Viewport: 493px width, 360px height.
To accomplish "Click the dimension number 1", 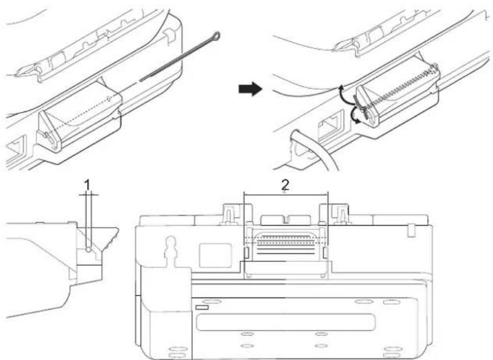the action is pyautogui.click(x=88, y=184).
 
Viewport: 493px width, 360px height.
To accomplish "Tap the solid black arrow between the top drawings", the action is pyautogui.click(x=250, y=89).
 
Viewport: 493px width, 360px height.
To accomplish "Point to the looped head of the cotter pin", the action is pyautogui.click(x=216, y=35).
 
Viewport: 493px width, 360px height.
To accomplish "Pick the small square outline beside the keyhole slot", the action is pyautogui.click(x=215, y=255).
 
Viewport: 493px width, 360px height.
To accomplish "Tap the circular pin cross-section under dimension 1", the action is pyautogui.click(x=89, y=250).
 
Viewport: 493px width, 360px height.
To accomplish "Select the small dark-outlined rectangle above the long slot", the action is pyautogui.click(x=202, y=307).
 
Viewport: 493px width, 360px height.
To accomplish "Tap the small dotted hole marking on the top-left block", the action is pyautogui.click(x=109, y=99).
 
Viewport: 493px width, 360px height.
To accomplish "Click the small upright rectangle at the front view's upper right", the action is pyautogui.click(x=411, y=230).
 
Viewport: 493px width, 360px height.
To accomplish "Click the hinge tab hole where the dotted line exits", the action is pyautogui.click(x=47, y=136).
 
